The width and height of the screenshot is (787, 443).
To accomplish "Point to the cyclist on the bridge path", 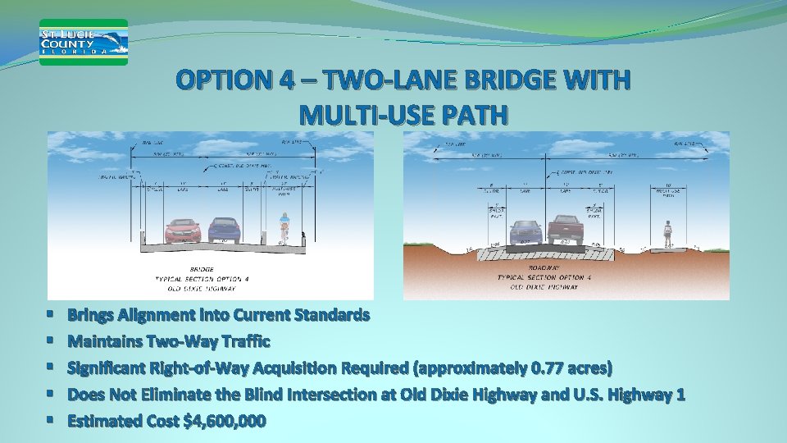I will point(284,227).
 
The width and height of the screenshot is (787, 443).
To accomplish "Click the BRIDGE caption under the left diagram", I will point(201,269).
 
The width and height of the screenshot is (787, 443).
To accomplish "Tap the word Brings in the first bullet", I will point(93,315).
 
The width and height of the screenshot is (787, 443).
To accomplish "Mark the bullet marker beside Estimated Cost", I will point(51,421).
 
